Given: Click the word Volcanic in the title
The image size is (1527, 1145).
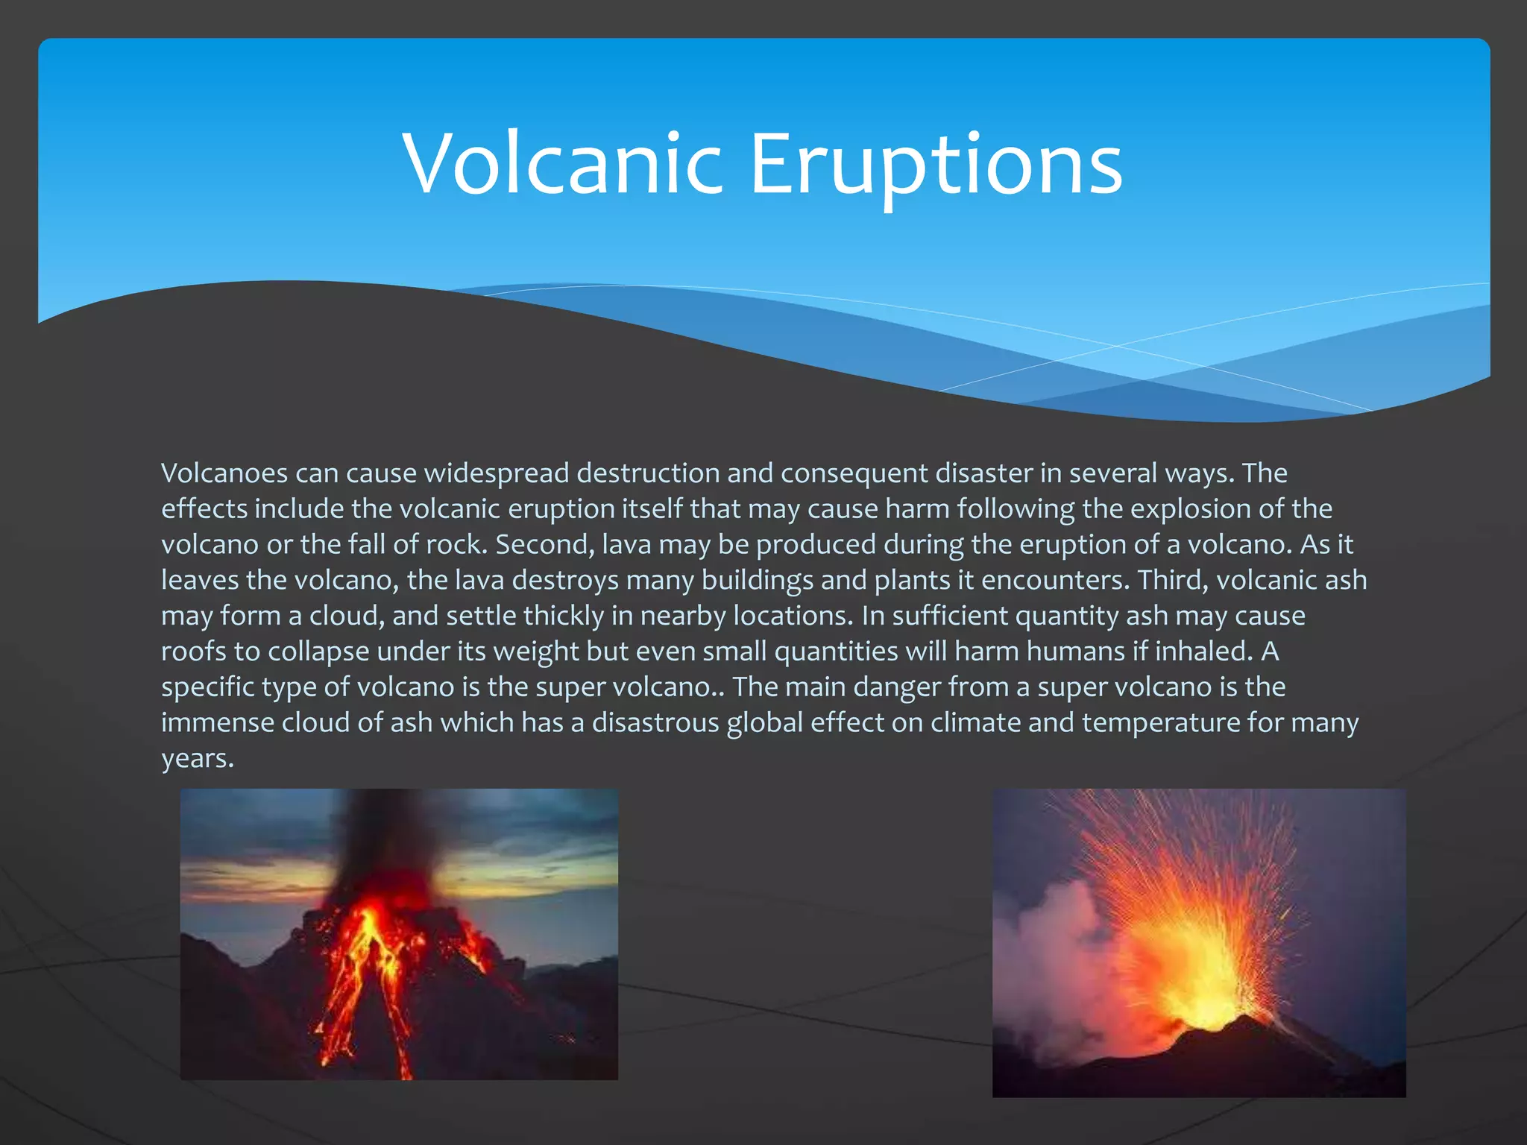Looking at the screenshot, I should click(563, 164).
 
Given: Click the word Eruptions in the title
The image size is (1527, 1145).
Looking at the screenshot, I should click(936, 164).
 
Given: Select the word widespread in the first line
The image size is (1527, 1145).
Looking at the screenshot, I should click(497, 473).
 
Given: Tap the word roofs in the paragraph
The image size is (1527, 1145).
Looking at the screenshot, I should click(193, 652).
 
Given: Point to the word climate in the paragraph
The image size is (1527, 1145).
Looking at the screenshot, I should click(975, 723).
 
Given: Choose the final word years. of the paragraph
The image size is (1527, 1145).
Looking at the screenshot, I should click(198, 759).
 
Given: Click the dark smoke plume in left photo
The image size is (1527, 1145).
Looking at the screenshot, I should click(388, 835).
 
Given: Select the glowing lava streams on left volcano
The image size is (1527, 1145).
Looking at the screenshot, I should click(365, 969).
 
